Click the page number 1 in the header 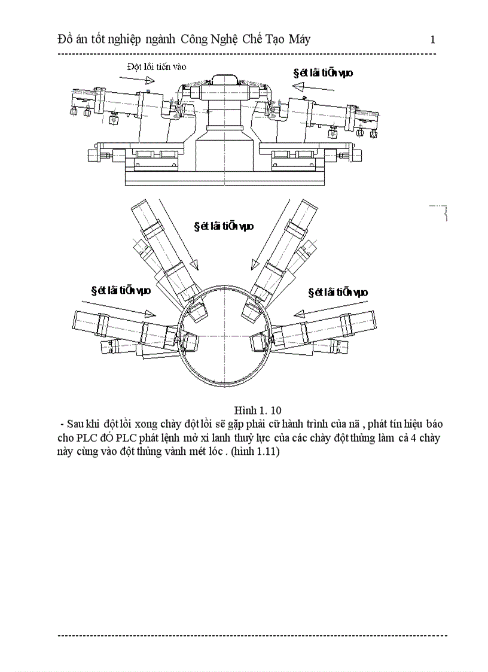click(432, 40)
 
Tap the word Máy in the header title click(297, 40)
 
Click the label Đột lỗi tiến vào click(156, 66)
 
